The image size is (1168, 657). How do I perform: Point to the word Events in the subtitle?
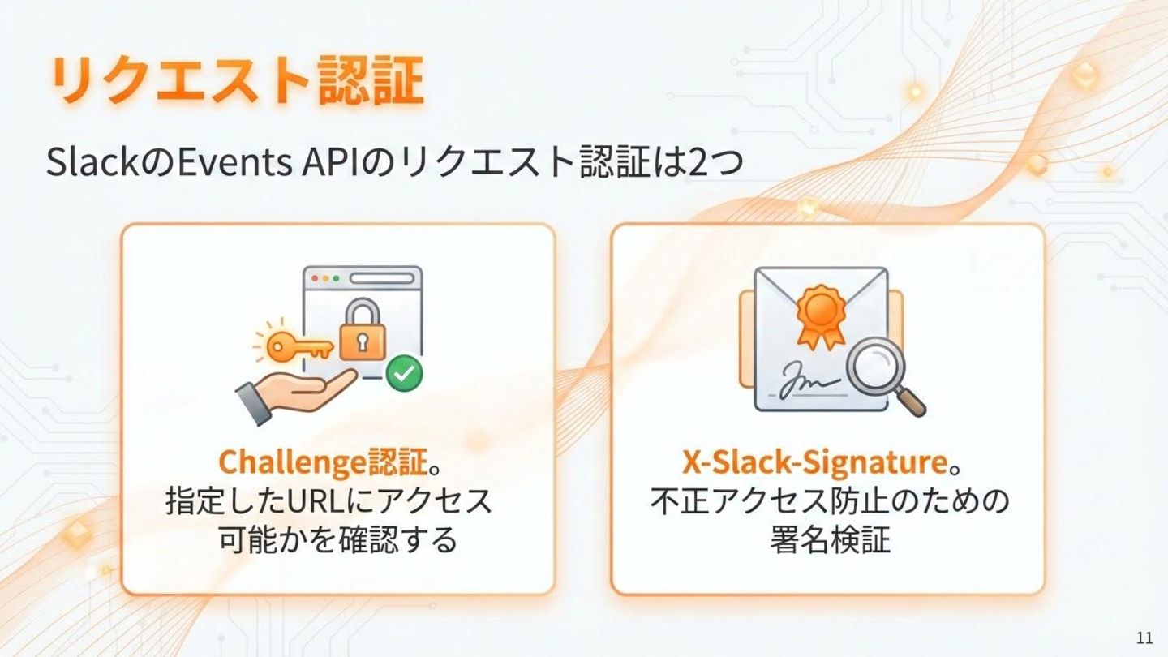coord(234,162)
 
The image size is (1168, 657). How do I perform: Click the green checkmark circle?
coord(403,374)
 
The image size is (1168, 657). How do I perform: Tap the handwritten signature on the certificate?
coord(807,382)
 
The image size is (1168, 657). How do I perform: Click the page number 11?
coord(1144,637)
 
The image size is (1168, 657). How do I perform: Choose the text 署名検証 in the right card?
coord(829,539)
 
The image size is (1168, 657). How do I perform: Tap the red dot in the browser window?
coord(315,277)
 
